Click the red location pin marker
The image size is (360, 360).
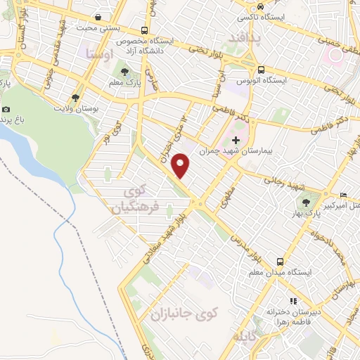pos(181,165)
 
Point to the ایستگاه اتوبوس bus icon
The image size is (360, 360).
pos(261,70)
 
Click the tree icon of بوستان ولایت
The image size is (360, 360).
pos(75,98)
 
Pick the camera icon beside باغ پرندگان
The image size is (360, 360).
pos(6,109)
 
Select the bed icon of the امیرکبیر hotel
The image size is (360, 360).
pos(342,194)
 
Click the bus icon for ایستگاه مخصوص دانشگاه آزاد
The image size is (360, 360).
pos(144,30)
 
